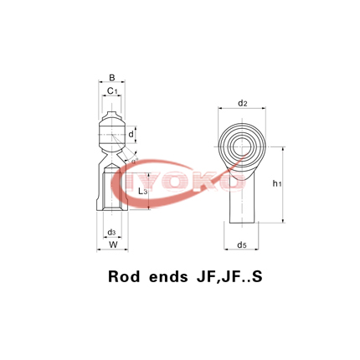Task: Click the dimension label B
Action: click(x=111, y=78)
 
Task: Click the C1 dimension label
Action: click(x=111, y=90)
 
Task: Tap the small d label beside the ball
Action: click(x=131, y=134)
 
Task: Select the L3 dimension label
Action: click(x=142, y=192)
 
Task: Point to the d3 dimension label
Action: click(x=111, y=232)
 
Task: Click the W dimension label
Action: click(x=112, y=244)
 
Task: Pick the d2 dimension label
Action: click(x=242, y=104)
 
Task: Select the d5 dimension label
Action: click(x=242, y=244)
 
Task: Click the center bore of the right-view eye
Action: click(x=242, y=144)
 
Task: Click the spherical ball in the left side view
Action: click(x=111, y=133)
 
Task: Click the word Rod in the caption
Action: click(x=128, y=275)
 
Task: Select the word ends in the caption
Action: click(x=174, y=275)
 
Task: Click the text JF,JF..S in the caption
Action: click(x=231, y=275)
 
